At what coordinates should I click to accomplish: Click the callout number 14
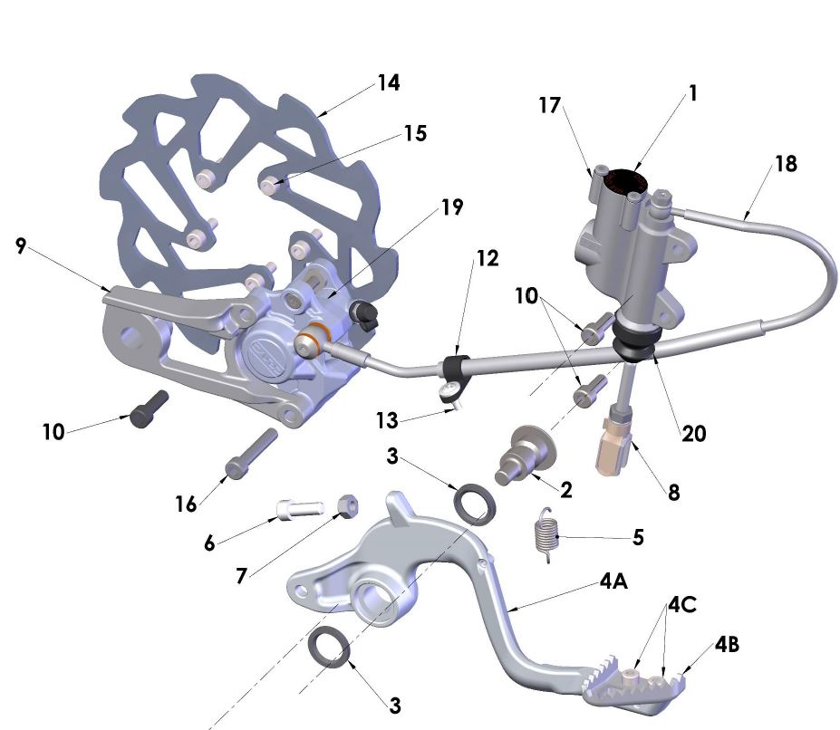pos(389,83)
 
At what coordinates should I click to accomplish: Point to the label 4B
pos(728,646)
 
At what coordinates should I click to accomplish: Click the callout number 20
pos(695,434)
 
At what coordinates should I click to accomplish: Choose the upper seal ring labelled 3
pos(474,504)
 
